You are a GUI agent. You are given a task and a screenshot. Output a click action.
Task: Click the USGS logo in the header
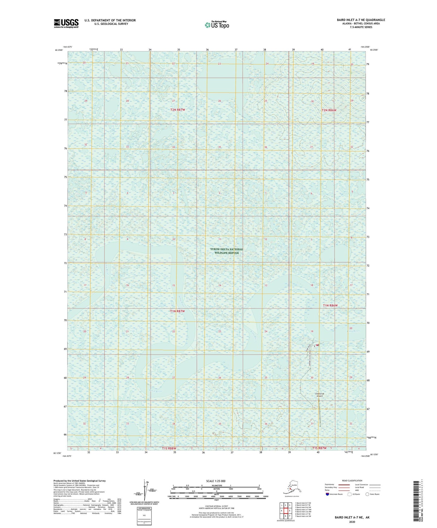coord(66,23)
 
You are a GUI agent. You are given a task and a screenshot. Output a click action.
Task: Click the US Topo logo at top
coord(217,24)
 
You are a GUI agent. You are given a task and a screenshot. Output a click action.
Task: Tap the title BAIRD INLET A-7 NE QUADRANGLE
coord(361,20)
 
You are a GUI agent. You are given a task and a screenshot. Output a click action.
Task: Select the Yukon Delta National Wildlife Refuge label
coord(227,251)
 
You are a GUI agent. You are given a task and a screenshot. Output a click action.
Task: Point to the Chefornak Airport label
coord(319,395)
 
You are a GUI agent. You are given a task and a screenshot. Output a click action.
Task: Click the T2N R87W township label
coord(178,110)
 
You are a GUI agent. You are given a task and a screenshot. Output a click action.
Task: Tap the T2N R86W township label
coord(329,110)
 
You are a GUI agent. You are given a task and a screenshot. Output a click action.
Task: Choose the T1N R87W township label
coord(177,311)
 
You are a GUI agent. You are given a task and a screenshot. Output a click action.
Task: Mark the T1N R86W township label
coord(330,305)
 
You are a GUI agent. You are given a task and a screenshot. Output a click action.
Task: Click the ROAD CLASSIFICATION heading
coord(352,481)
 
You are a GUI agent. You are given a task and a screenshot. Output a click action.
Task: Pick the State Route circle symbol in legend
coord(367,494)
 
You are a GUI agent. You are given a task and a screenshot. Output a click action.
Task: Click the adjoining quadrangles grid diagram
coord(285,511)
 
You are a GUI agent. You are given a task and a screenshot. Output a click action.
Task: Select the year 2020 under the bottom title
coord(352,522)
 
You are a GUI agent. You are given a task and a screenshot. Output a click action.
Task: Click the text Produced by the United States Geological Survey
coord(80,481)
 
